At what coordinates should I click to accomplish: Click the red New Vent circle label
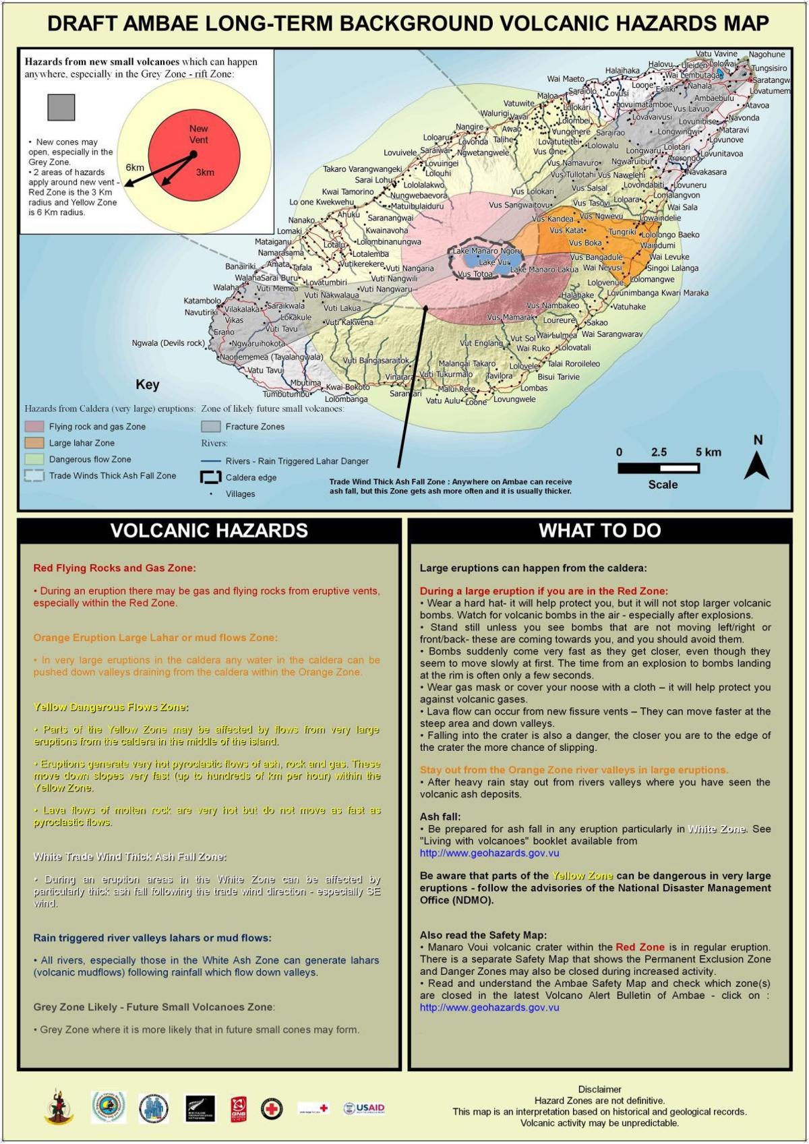coord(198,134)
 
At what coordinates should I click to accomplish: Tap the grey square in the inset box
coord(61,107)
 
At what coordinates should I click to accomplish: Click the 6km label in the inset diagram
coord(135,167)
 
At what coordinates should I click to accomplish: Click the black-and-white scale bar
coord(659,468)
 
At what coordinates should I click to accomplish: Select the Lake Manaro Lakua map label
coord(544,270)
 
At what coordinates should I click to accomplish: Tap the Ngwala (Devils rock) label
coord(168,343)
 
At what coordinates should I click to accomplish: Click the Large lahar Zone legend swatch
coord(34,443)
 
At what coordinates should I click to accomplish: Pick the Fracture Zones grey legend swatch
coord(211,427)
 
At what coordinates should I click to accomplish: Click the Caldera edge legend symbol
coord(211,477)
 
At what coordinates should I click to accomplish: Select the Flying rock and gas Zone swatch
coord(34,427)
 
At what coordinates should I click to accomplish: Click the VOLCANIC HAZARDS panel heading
coord(209,531)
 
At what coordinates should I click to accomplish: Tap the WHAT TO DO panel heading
coord(600,531)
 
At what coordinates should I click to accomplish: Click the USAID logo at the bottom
coord(364,1108)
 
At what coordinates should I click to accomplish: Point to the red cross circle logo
coord(272,1108)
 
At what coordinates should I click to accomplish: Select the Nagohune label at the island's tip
coord(767,55)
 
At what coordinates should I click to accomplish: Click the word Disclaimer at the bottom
coord(599,1089)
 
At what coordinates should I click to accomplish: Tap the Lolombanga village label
coord(346,399)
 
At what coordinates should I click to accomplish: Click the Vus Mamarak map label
coord(510,318)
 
